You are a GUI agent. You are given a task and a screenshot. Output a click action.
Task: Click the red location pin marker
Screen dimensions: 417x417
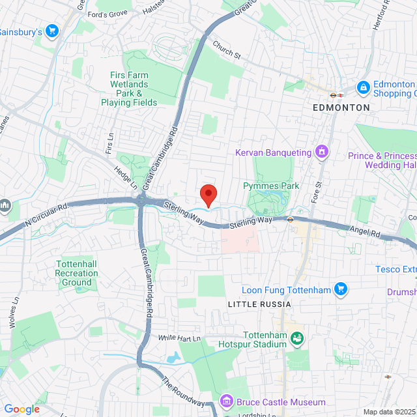click(x=208, y=194)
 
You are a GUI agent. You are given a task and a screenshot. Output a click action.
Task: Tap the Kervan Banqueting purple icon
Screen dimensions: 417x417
click(x=321, y=152)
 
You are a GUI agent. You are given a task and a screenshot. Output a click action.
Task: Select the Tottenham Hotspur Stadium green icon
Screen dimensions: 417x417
click(x=297, y=338)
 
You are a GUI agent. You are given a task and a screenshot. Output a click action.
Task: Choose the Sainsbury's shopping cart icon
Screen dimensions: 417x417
click(x=52, y=31)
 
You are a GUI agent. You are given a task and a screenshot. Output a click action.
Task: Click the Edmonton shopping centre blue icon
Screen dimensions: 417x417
click(x=362, y=87)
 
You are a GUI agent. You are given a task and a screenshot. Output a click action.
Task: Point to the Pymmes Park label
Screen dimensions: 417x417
click(x=271, y=186)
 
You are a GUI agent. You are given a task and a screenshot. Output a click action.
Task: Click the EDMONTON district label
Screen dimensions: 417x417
click(x=341, y=107)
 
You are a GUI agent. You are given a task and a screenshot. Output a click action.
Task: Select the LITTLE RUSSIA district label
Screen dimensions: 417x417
click(x=259, y=304)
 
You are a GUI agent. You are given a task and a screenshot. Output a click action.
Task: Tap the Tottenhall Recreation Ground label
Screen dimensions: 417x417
click(x=76, y=273)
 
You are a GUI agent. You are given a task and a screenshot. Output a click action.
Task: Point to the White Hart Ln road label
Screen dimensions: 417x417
click(x=179, y=339)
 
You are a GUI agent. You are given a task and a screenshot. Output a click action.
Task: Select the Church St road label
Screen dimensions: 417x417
click(x=227, y=50)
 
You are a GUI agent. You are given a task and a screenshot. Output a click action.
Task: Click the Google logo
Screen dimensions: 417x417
click(x=22, y=409)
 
